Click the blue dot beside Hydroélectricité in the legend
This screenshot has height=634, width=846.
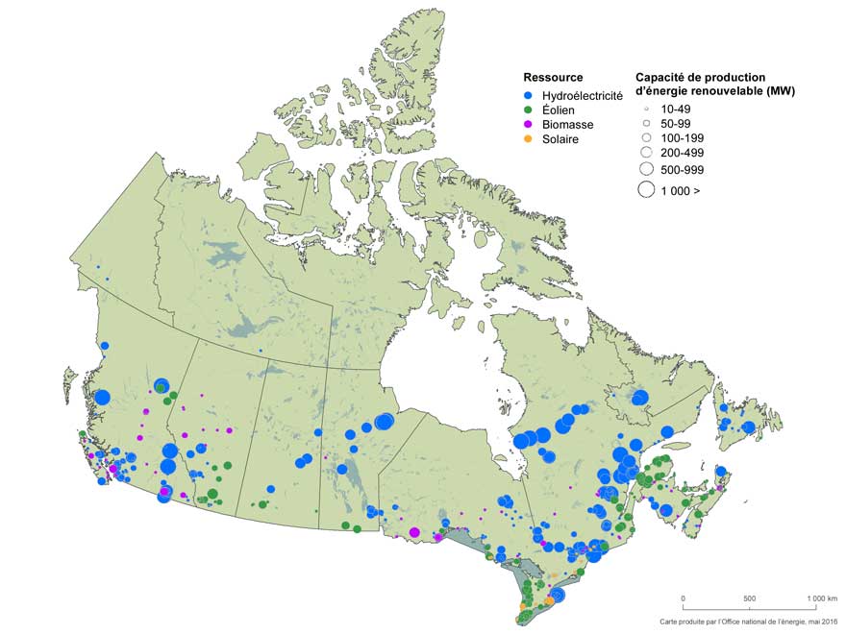tap(528, 96)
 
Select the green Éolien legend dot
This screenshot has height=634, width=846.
tap(528, 110)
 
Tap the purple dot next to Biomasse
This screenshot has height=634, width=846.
tap(528, 125)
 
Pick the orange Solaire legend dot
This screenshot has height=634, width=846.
tap(528, 139)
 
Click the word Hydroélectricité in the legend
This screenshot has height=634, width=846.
tap(583, 96)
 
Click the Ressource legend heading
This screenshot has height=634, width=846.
tap(553, 77)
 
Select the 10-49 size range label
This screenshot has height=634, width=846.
tap(677, 110)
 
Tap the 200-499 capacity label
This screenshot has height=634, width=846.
tap(681, 153)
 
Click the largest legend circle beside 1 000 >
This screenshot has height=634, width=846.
tap(645, 190)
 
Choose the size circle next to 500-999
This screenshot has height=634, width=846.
tap(645, 169)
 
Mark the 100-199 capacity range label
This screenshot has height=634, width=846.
tap(681, 138)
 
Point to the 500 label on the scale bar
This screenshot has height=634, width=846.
tap(750, 598)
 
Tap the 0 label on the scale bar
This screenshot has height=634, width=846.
tap(684, 598)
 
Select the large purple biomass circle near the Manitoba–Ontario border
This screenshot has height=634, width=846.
tap(414, 532)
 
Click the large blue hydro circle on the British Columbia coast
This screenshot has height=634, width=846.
tap(102, 397)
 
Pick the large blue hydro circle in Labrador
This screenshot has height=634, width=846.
tap(640, 398)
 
